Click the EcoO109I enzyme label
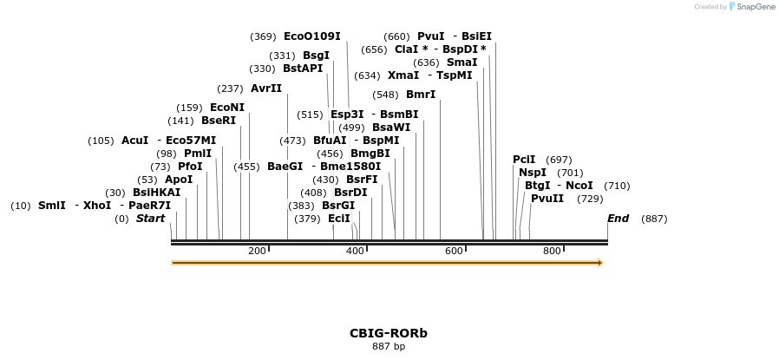(x=311, y=36)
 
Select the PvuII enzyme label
(x=547, y=199)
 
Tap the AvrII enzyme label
(x=265, y=88)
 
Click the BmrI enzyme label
(x=421, y=95)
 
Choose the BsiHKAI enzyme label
(x=157, y=193)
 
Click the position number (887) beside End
(x=654, y=219)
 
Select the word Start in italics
(x=150, y=219)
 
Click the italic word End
(x=618, y=219)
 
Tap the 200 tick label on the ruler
(x=257, y=252)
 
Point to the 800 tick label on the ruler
(x=552, y=252)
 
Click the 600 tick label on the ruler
(x=454, y=252)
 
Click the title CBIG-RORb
(x=389, y=333)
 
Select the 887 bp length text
(x=389, y=347)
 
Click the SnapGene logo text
(x=756, y=7)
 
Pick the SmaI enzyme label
(x=462, y=62)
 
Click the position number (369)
(x=263, y=36)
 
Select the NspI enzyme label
(x=533, y=173)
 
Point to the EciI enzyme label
(x=339, y=219)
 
